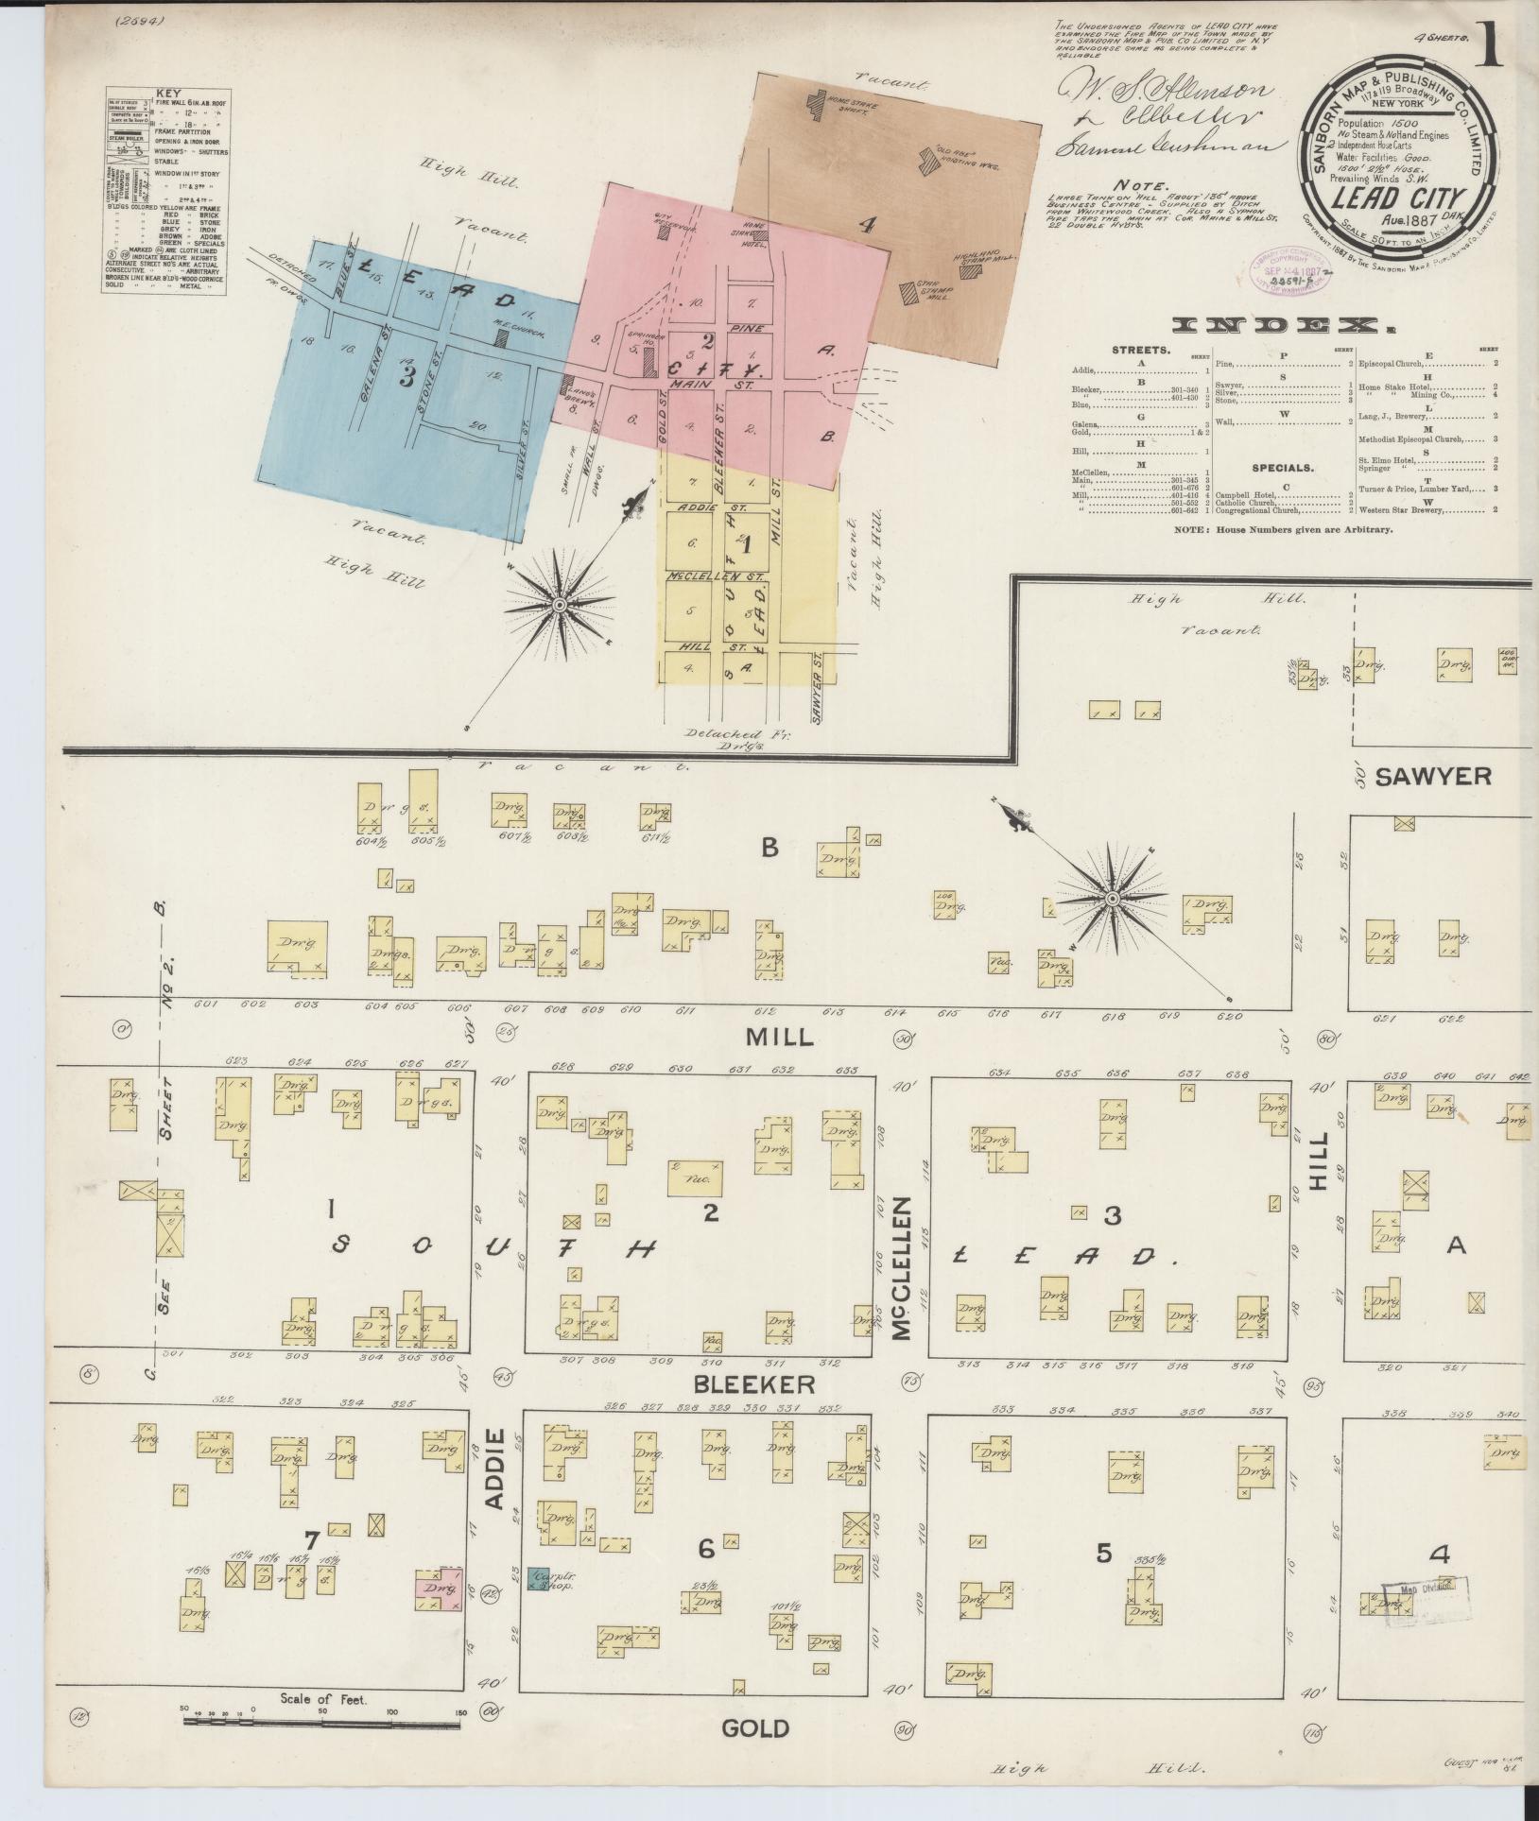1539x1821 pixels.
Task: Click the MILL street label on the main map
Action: [779, 1037]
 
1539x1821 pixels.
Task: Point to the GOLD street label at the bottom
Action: [754, 1728]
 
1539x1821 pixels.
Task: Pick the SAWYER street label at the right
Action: [1432, 777]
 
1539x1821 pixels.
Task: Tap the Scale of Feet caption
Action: [323, 1699]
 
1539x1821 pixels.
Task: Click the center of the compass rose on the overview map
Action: [560, 603]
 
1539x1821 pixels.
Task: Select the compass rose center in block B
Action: [1113, 897]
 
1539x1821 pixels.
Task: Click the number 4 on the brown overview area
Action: [867, 225]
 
